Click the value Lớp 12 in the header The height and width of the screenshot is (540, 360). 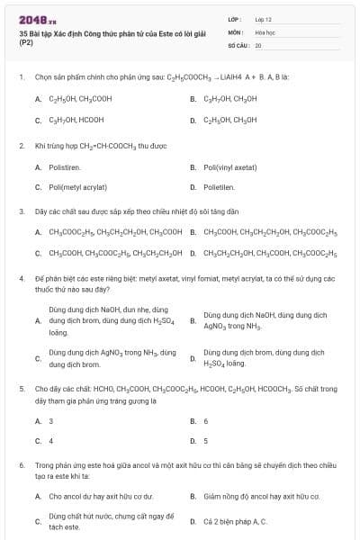pos(263,19)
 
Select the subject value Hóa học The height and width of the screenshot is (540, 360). pos(264,31)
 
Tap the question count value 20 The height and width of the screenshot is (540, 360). pos(258,44)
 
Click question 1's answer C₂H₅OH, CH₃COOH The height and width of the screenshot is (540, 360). pos(81,98)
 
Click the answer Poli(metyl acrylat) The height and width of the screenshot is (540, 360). pos(77,187)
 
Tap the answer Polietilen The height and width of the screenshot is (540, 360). pos(219,187)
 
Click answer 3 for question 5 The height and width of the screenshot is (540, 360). pos(51,420)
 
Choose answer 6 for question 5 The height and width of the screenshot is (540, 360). pos(206,420)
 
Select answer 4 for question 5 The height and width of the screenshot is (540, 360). pos(51,441)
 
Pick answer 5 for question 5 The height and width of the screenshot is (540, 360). pos(206,441)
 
